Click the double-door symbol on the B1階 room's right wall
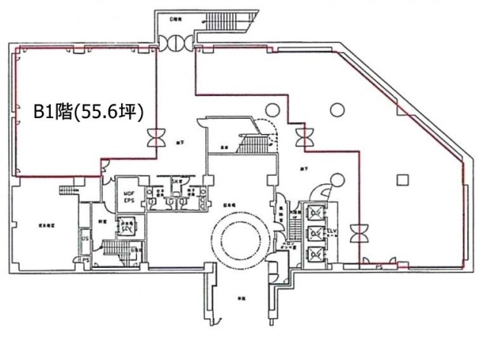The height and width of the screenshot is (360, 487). pyautogui.click(x=156, y=139)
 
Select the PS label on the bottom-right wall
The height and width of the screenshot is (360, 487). pyautogui.click(x=378, y=267)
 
